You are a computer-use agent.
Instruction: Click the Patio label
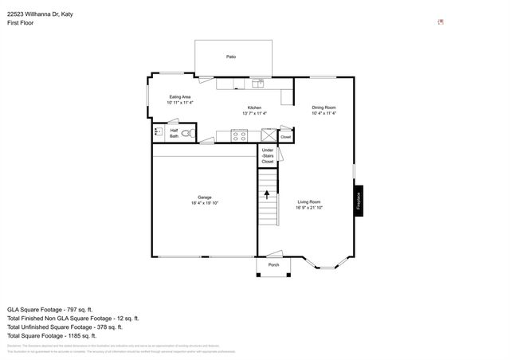click(x=231, y=57)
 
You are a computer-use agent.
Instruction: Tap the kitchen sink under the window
click(x=257, y=83)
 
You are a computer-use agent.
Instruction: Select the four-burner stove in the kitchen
click(x=240, y=135)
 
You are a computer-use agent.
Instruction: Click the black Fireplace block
click(x=359, y=202)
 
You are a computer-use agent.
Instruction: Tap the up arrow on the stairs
click(x=267, y=193)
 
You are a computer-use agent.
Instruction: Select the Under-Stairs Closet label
click(x=268, y=156)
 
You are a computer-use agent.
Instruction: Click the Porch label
click(x=273, y=264)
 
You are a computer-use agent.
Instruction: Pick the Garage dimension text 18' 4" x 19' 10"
click(x=204, y=203)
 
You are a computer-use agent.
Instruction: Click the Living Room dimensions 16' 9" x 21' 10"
click(x=309, y=208)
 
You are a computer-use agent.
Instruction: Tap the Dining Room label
click(x=324, y=108)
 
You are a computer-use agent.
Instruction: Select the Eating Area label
click(x=180, y=97)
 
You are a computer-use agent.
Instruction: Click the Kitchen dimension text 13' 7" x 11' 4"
click(x=254, y=113)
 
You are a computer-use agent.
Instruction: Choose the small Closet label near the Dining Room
click(x=285, y=137)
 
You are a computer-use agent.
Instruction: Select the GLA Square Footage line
click(x=50, y=309)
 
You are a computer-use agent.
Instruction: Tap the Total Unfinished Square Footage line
click(x=65, y=327)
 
